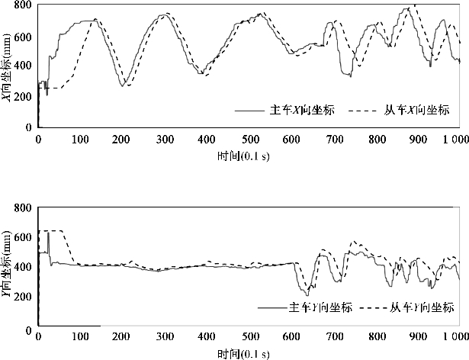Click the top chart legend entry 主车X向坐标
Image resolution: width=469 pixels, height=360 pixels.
coord(303,111)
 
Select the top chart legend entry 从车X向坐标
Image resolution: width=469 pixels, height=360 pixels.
coord(414,111)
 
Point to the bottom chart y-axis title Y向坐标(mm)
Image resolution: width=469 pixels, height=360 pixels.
coord(8,268)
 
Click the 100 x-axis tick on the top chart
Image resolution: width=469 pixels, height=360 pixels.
coord(80,140)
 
